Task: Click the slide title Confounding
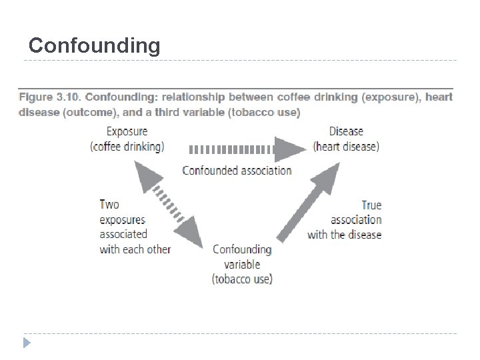[x=94, y=45]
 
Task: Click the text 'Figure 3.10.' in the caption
[x=49, y=97]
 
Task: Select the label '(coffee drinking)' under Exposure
[x=127, y=147]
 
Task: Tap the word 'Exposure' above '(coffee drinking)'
[x=127, y=132]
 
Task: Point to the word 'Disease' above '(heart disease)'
[x=345, y=132]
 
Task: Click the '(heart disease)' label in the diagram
[x=346, y=147]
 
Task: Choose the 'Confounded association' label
[x=237, y=170]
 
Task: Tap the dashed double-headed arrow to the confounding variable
[x=171, y=205]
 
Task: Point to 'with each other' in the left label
[x=135, y=249]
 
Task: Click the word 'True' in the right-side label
[x=371, y=205]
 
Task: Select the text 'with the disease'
[x=344, y=235]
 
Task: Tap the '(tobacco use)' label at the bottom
[x=242, y=279]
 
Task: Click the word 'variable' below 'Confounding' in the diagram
[x=242, y=264]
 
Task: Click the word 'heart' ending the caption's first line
[x=438, y=97]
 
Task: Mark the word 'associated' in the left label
[x=123, y=235]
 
